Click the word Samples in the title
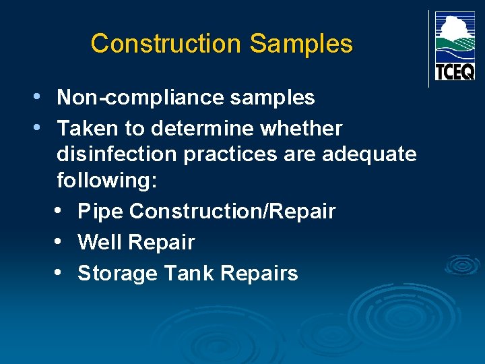point(300,44)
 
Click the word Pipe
point(100,212)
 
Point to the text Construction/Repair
point(232,212)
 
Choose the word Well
point(99,242)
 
